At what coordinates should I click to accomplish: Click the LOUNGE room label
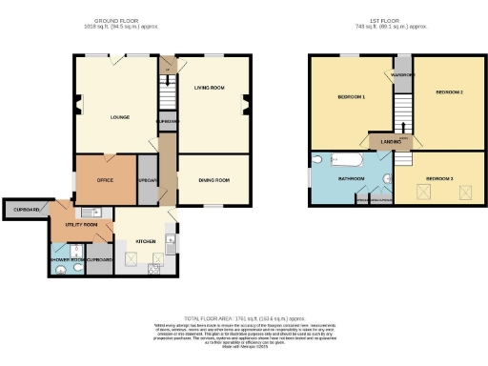(119, 117)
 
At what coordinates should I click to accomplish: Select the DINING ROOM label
(214, 180)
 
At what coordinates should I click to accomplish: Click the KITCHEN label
(144, 242)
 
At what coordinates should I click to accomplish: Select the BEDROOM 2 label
(449, 92)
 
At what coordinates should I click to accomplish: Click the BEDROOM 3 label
(439, 178)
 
